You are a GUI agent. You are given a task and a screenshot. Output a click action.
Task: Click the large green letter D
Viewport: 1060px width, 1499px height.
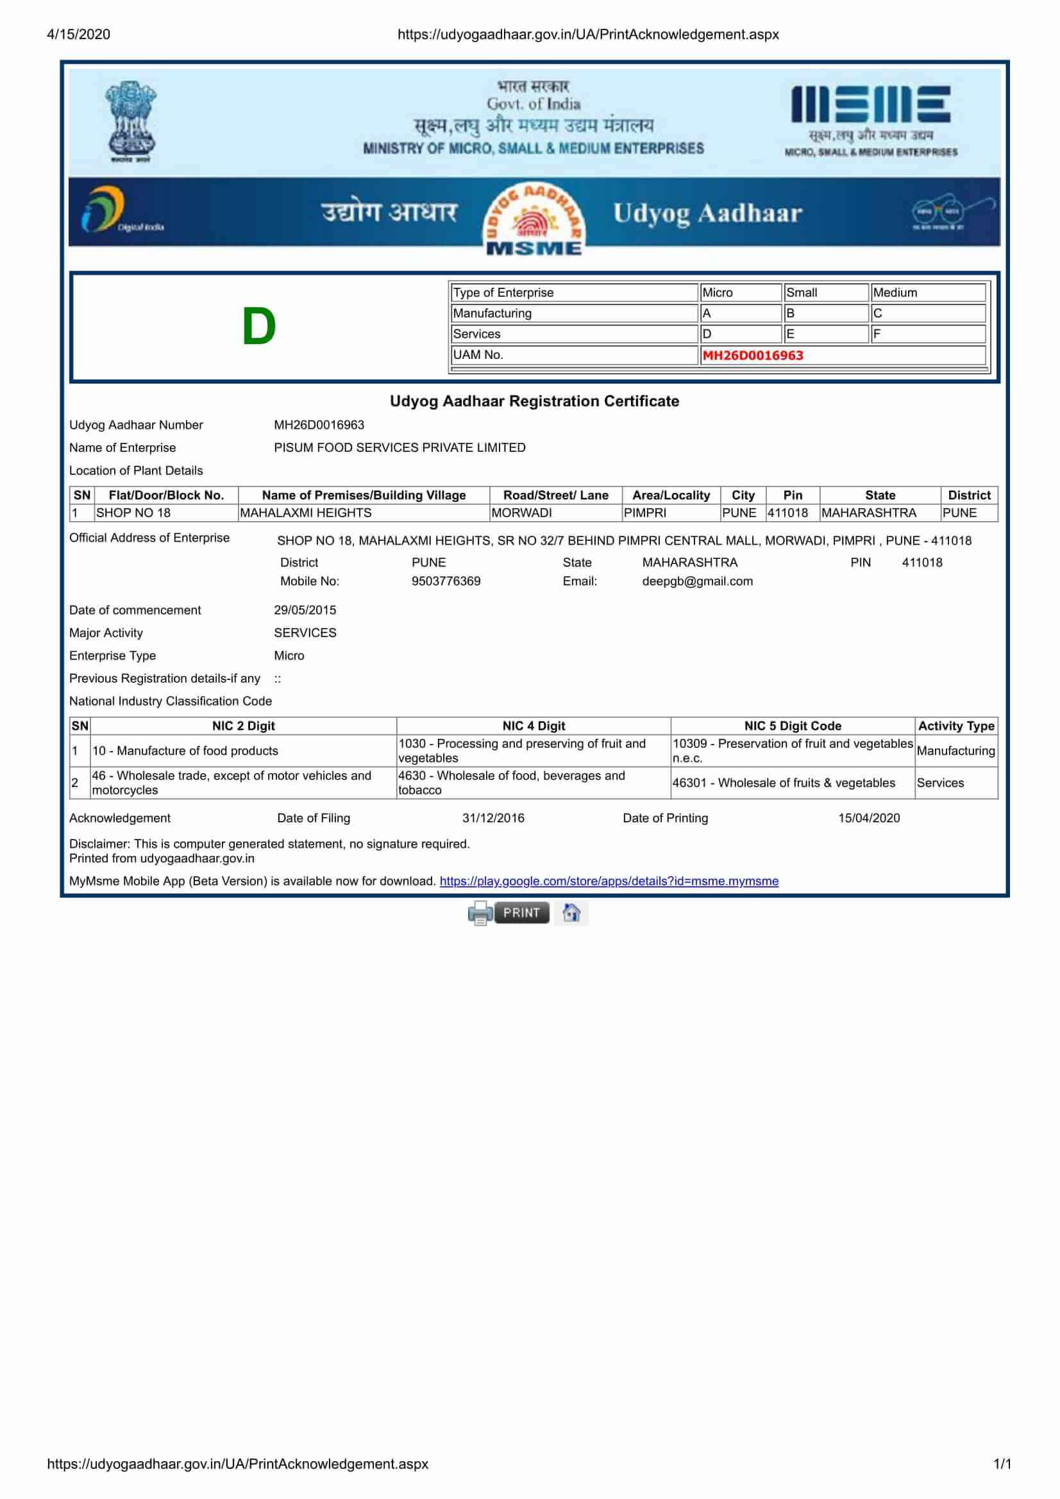point(258,326)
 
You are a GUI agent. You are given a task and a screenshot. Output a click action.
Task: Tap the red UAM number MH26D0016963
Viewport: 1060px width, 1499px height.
point(752,355)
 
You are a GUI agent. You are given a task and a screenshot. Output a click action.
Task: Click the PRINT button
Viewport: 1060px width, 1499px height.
point(521,912)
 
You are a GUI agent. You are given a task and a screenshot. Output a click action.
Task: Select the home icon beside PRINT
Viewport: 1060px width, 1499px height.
point(571,912)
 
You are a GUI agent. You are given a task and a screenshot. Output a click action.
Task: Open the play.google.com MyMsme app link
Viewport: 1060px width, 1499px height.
point(609,881)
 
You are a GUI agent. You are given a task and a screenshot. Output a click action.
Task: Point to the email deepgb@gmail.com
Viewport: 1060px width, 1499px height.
point(697,581)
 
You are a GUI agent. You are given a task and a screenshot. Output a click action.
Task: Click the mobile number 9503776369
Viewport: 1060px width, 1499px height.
point(446,581)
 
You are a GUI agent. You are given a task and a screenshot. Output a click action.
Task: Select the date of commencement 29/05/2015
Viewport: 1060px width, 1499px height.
point(305,609)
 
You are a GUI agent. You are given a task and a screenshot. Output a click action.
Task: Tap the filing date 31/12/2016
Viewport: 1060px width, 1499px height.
point(493,817)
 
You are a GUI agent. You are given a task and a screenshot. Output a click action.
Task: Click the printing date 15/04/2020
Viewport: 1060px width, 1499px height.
point(869,817)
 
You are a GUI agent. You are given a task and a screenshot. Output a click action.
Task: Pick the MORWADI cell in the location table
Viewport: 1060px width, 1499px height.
point(521,513)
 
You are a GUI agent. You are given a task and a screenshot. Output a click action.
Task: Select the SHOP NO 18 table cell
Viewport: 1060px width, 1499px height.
point(133,513)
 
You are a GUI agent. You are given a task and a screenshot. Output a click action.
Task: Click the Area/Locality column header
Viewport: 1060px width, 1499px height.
point(671,495)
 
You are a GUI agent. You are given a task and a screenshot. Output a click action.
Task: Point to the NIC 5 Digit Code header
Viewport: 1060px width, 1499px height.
point(792,725)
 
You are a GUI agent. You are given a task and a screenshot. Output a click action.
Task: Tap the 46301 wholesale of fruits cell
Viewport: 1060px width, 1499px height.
point(783,782)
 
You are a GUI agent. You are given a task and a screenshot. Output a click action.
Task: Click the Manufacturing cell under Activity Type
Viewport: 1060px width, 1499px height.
point(955,750)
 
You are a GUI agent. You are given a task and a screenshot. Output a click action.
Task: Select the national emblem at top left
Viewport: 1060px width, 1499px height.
point(131,120)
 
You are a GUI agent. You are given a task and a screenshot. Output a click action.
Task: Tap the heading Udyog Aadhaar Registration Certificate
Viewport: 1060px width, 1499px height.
point(534,401)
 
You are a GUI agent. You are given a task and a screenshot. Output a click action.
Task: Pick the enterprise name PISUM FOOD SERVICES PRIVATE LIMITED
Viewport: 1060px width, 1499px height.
point(400,447)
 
